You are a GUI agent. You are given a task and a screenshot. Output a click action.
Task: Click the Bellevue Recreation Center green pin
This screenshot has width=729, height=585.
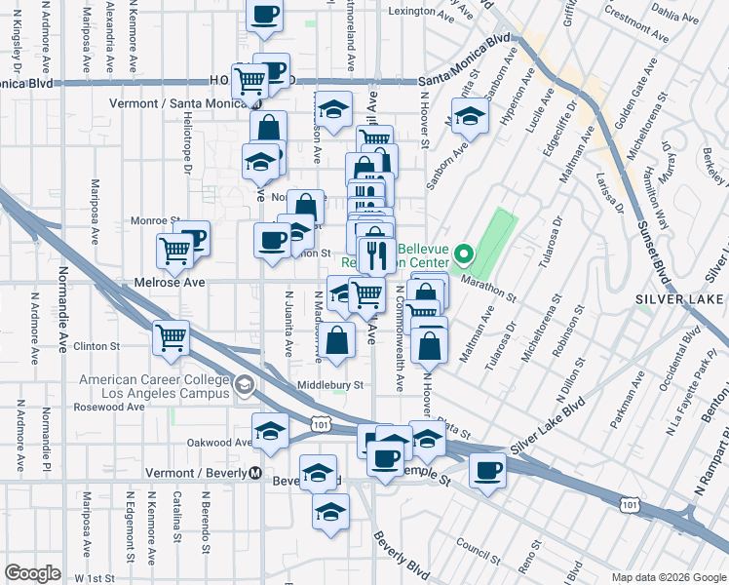[x=464, y=256]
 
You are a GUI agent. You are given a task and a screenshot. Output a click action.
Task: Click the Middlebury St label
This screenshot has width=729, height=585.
[x=330, y=385]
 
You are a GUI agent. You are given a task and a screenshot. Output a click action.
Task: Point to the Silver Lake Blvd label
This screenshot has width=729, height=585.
[x=553, y=425]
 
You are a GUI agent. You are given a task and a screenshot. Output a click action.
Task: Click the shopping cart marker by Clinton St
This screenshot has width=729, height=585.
[x=172, y=338]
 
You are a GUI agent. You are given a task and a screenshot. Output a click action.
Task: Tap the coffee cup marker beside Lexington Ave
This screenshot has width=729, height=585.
[x=265, y=14]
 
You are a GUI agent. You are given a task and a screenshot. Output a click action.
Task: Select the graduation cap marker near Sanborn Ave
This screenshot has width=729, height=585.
[x=470, y=117]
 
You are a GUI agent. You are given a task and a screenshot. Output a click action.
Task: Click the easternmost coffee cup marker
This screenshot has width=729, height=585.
[x=486, y=471]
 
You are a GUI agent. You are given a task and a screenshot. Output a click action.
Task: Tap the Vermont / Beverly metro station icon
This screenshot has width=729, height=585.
[x=256, y=473]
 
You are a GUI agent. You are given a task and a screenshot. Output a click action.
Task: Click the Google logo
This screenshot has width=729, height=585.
[x=32, y=573]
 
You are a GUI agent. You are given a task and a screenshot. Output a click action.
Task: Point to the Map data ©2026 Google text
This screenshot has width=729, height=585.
[x=668, y=577]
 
